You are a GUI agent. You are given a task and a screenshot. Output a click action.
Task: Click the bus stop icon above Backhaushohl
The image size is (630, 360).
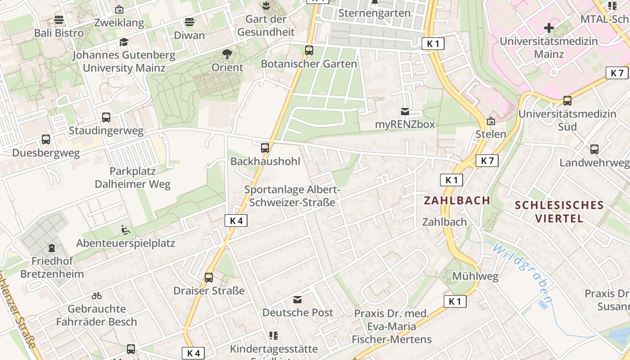(x=265, y=148)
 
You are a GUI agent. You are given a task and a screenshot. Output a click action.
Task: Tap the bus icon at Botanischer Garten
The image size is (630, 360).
(x=309, y=50)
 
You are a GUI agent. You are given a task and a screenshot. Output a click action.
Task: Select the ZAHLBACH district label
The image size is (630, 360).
(x=457, y=200)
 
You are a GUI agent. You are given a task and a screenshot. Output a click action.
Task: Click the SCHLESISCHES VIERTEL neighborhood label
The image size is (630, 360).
(x=559, y=212)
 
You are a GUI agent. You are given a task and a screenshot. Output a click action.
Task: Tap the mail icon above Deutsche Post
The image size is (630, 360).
(x=297, y=299)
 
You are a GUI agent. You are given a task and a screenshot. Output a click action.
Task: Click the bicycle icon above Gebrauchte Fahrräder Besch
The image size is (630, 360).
(x=97, y=296)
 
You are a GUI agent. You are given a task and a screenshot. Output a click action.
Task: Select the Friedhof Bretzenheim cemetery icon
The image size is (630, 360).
(x=52, y=248)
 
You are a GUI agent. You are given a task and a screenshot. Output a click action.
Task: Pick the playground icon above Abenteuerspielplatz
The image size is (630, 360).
(x=126, y=230)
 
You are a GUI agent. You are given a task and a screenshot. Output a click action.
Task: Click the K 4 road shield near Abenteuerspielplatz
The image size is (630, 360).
(x=236, y=220)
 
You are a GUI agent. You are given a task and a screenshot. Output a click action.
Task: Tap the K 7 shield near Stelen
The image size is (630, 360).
(x=487, y=161)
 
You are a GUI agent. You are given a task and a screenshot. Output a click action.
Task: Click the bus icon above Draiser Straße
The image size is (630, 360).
(x=209, y=277)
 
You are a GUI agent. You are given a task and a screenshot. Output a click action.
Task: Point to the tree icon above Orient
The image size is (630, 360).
(x=228, y=54)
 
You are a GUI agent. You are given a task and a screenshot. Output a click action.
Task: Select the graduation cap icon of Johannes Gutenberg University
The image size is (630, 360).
(x=124, y=42)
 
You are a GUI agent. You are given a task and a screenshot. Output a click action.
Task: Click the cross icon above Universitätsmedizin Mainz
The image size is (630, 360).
(x=549, y=28)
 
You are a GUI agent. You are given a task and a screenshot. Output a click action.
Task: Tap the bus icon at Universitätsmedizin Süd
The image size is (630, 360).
(x=567, y=100)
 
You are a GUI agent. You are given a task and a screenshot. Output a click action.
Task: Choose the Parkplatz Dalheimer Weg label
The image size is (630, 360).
(x=133, y=178)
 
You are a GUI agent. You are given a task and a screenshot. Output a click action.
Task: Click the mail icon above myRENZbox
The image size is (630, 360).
(x=405, y=111)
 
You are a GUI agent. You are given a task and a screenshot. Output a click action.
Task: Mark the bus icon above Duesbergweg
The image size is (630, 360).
(x=46, y=139)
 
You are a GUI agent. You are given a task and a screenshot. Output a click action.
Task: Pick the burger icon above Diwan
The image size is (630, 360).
(x=189, y=22)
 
